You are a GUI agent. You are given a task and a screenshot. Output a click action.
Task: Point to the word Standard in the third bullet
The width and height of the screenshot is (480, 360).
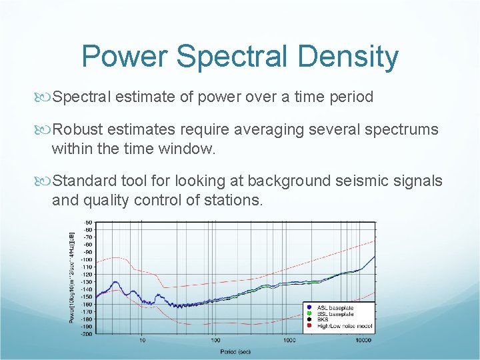point(82,181)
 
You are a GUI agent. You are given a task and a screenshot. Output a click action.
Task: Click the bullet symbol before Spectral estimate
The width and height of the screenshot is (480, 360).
point(43,97)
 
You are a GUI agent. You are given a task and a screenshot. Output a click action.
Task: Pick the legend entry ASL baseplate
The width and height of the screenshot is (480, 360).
point(335,308)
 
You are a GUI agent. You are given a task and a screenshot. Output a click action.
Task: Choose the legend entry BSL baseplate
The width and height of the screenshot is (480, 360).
point(335,314)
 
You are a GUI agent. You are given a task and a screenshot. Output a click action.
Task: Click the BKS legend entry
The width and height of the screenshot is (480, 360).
point(323,320)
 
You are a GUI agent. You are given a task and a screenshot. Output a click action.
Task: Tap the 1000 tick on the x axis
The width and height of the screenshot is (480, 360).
point(289,341)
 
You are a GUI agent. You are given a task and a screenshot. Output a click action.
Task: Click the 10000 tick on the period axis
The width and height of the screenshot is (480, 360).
point(363,341)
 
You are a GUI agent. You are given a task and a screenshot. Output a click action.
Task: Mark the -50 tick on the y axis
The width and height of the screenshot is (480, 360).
point(87,222)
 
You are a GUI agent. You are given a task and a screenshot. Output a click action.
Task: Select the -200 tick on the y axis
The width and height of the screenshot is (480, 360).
point(87,334)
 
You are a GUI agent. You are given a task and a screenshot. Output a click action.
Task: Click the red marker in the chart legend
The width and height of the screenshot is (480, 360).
point(309,326)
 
